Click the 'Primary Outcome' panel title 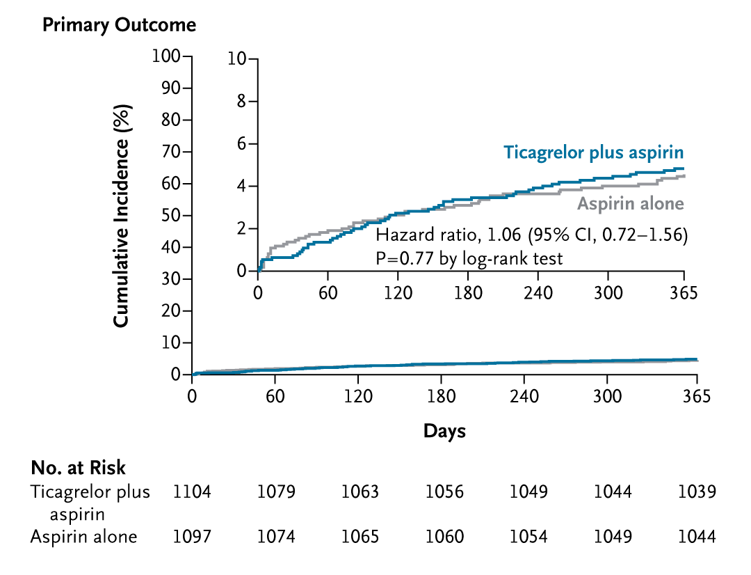click(x=119, y=26)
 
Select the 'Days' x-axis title click(x=444, y=431)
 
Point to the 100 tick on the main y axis click(x=167, y=56)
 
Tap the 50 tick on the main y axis click(x=170, y=215)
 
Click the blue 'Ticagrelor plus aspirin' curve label click(x=594, y=152)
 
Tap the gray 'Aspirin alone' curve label click(x=631, y=204)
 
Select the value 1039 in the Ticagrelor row click(x=697, y=492)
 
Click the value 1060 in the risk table click(x=444, y=537)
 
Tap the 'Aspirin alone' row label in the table click(x=83, y=537)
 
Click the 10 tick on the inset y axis click(x=239, y=59)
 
